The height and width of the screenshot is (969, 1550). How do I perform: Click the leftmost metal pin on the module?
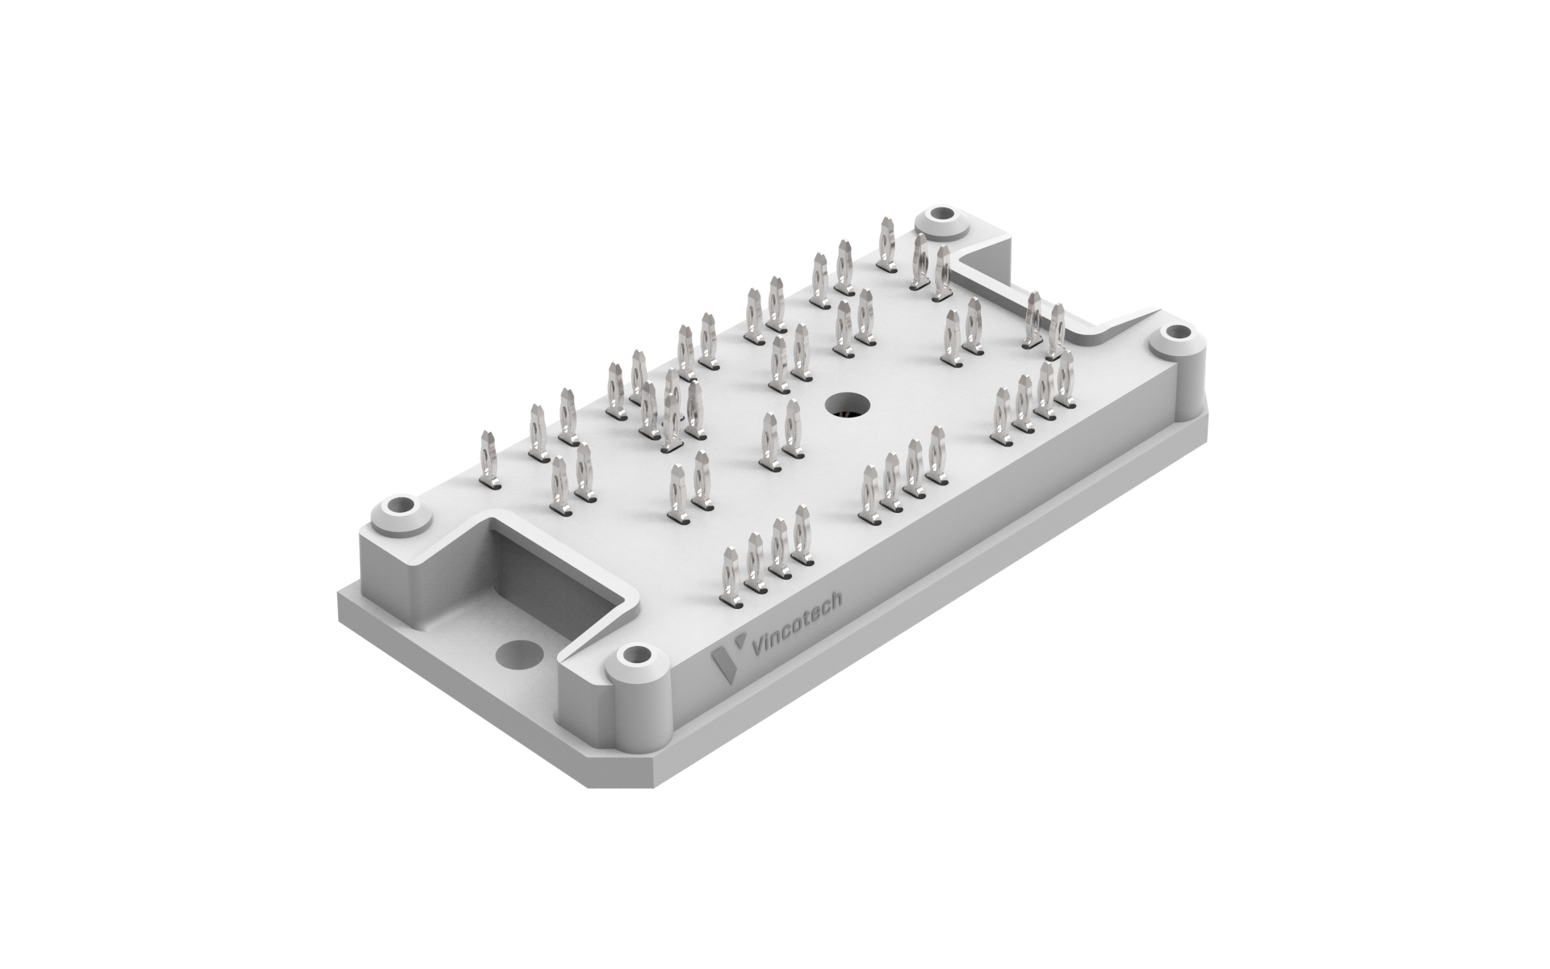489,460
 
